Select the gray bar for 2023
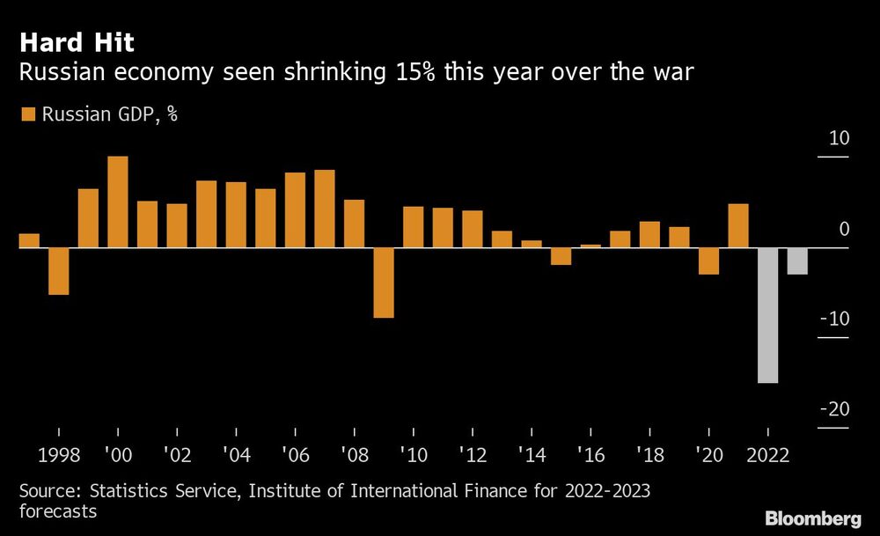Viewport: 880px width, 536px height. tap(797, 261)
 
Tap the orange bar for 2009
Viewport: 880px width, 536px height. tap(383, 283)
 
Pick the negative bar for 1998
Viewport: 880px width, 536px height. tap(58, 271)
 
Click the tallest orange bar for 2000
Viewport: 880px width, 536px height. tap(117, 202)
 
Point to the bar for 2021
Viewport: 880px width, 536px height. tap(738, 226)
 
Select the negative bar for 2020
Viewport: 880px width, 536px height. tap(708, 261)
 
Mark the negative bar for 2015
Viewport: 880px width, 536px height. tap(561, 256)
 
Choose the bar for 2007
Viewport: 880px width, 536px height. tap(324, 209)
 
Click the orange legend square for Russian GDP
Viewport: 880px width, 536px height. tap(27, 114)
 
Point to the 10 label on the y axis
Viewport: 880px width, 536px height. tap(839, 139)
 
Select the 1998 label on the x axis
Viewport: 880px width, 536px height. tap(58, 456)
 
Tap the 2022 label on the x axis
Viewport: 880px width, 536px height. tap(767, 456)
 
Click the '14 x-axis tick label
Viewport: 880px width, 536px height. tap(531, 456)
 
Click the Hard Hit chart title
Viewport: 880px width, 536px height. tap(77, 41)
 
